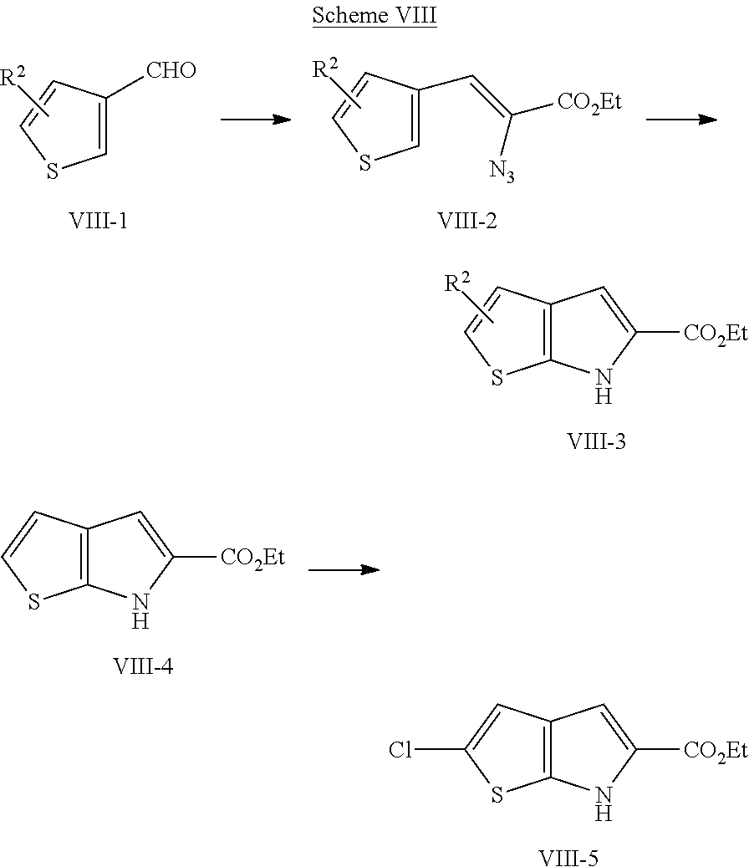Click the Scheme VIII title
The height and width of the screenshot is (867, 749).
(374, 15)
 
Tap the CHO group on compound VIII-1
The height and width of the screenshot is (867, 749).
(171, 70)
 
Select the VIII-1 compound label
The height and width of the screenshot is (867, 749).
(99, 221)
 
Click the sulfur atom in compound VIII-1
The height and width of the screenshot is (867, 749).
(52, 171)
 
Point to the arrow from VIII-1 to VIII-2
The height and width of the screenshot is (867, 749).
(256, 119)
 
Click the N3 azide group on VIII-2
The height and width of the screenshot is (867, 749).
(502, 171)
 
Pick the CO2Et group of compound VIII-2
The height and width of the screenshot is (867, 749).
(589, 102)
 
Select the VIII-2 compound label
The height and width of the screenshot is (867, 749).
(467, 221)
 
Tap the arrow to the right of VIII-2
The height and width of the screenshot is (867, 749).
(681, 119)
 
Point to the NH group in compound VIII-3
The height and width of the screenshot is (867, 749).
(604, 386)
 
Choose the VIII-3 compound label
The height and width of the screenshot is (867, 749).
(596, 441)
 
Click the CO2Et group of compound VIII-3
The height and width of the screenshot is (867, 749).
(716, 334)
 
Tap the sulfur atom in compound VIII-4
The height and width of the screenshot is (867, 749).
(34, 602)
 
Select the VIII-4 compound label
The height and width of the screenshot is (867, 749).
(143, 666)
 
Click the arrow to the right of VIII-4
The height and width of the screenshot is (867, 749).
(344, 569)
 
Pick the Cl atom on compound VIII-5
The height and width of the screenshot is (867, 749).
(400, 750)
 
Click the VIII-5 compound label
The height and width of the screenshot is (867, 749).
(568, 858)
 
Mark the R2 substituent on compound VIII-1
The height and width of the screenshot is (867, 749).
(13, 76)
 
